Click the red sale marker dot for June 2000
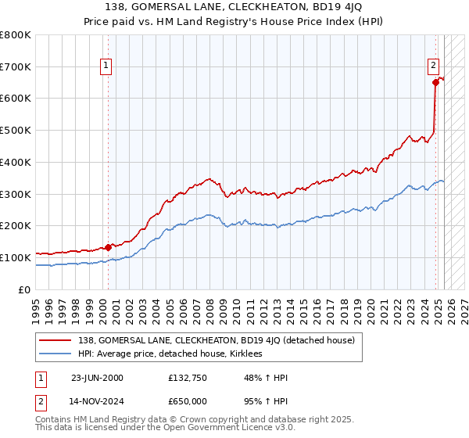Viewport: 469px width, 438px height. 108,246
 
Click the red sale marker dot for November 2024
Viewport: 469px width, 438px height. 435,82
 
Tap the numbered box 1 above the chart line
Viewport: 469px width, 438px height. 105,66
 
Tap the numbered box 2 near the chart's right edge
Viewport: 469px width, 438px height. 432,66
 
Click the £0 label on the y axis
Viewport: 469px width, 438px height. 25,289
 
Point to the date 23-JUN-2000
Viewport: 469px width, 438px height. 97,378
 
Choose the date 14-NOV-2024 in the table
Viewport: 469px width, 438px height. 97,401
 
